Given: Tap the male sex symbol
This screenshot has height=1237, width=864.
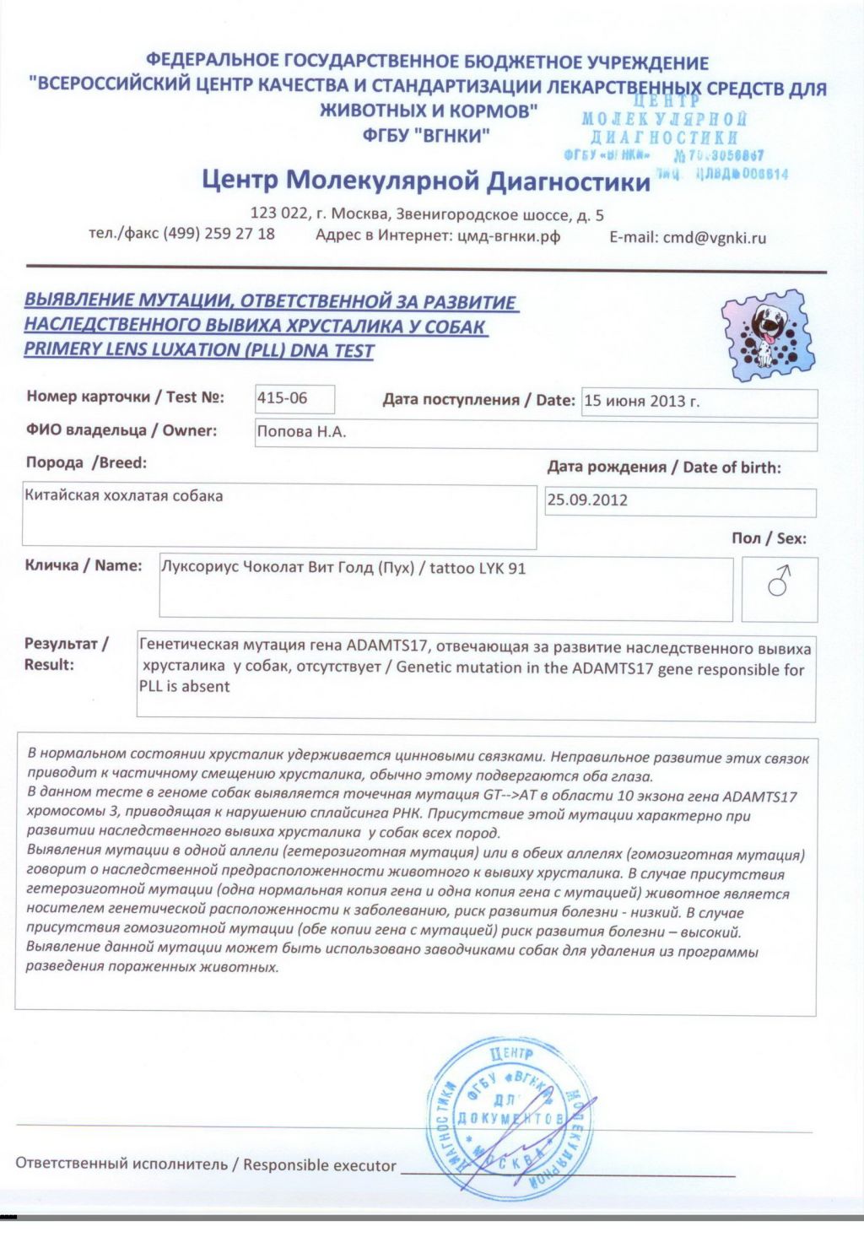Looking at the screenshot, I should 779,581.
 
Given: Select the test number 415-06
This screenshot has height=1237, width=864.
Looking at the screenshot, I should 283,397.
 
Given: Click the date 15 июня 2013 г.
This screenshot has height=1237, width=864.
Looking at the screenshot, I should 642,401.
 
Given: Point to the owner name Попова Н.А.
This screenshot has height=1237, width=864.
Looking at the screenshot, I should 302,432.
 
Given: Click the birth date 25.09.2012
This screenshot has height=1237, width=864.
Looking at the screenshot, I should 587,500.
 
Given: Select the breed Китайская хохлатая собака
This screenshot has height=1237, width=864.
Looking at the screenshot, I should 124,495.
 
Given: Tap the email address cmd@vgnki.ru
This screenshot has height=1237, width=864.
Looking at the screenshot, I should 714,237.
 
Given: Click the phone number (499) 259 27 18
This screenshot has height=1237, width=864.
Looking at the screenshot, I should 219,234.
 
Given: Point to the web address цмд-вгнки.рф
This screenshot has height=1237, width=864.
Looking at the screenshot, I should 509,236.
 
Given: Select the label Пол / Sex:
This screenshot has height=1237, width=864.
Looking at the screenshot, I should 769,538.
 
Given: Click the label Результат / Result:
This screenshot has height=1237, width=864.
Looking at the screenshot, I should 65,654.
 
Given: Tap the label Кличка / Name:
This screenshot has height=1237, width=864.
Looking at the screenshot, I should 84,565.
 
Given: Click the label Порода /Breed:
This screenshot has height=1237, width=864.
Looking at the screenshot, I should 86,462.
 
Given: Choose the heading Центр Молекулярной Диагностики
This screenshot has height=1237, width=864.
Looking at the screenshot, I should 426,180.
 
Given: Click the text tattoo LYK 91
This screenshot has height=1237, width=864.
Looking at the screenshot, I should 478,568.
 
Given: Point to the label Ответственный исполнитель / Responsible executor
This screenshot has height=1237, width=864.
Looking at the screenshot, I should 206,1164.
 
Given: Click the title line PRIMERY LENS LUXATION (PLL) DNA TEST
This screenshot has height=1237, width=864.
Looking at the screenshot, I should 199,349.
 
